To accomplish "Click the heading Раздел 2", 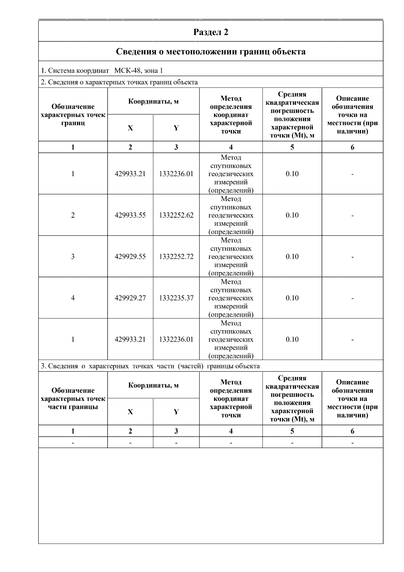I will (x=211, y=32).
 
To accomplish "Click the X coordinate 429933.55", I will (x=130, y=215).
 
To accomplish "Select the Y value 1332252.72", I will (x=176, y=257).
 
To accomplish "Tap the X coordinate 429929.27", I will (x=130, y=298).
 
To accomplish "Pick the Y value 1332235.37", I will (x=176, y=298).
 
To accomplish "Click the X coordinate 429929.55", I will (x=130, y=257).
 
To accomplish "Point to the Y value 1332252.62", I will (x=176, y=215).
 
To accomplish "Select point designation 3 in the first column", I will (x=73, y=257).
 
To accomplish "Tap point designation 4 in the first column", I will (x=73, y=298).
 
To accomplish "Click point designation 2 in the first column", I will (x=73, y=215).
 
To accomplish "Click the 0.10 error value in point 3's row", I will (x=292, y=257).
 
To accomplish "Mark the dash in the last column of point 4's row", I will (x=352, y=298).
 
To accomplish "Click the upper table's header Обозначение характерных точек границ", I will (x=73, y=115).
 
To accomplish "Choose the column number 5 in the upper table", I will (x=292, y=147).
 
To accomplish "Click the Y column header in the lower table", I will (x=176, y=412).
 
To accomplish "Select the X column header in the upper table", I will (x=130, y=128).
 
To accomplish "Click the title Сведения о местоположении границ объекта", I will (x=211, y=52).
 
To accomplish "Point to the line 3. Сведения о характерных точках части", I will (x=150, y=366).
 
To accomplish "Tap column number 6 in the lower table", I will (x=352, y=431).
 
